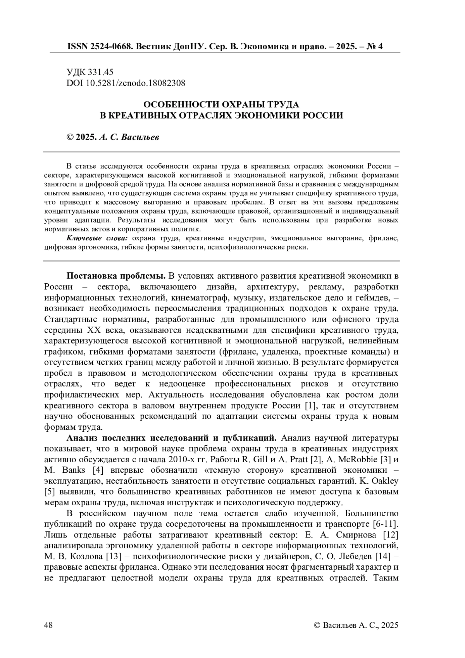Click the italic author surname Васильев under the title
click(140, 137)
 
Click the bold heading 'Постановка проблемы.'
click(116, 276)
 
